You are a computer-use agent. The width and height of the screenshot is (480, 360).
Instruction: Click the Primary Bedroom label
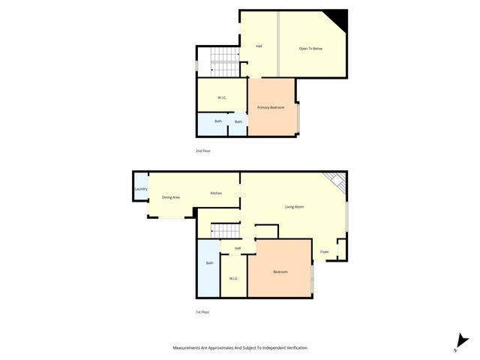[271, 108]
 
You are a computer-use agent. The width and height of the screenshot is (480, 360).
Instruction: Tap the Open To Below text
[310, 49]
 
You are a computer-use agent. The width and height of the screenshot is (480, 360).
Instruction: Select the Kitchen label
[216, 193]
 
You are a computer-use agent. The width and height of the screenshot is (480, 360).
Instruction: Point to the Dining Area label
[171, 197]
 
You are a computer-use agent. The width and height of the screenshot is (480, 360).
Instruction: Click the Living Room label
[293, 207]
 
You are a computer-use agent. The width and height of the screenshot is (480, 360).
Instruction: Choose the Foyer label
[324, 251]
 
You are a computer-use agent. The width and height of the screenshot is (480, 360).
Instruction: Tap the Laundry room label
[140, 189]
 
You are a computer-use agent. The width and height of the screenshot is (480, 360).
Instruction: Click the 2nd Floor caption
[203, 151]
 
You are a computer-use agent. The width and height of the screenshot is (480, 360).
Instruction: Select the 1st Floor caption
[202, 312]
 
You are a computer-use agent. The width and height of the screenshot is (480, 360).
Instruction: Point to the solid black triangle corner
[340, 17]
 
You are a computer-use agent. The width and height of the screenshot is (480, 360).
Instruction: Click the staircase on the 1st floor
[224, 231]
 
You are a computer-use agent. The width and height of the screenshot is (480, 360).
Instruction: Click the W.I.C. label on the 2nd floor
[222, 98]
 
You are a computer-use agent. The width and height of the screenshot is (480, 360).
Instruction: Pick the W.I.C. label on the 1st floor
[233, 279]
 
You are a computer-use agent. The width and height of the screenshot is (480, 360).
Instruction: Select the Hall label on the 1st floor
[238, 248]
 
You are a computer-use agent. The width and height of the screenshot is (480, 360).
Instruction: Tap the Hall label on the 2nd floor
[259, 46]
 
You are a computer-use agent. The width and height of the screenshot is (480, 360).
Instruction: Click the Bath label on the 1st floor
[209, 263]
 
